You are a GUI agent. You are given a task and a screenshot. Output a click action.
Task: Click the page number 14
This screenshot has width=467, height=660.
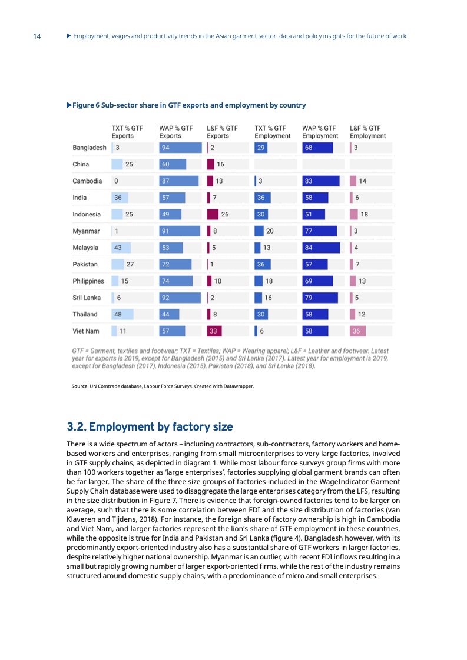click(x=37, y=36)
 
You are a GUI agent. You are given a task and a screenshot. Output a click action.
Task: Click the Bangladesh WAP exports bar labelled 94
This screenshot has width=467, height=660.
click(x=179, y=148)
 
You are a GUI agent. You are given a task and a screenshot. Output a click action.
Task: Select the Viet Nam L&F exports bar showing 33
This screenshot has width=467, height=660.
click(x=214, y=331)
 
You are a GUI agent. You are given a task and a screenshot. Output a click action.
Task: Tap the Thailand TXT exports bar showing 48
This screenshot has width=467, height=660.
click(x=122, y=314)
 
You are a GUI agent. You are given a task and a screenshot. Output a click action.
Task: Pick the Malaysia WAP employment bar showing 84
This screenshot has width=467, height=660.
click(x=321, y=248)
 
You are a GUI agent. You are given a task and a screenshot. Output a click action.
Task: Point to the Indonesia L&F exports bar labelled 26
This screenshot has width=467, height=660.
click(x=213, y=214)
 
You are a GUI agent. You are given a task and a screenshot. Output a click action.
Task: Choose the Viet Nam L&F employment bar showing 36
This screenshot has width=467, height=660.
click(x=358, y=331)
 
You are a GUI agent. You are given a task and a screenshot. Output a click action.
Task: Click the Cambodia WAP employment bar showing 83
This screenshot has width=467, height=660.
click(x=321, y=181)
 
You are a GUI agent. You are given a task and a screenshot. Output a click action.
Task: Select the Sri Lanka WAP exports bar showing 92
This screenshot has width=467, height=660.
click(x=179, y=298)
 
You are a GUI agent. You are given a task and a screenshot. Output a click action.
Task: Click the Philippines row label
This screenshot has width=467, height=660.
click(x=88, y=281)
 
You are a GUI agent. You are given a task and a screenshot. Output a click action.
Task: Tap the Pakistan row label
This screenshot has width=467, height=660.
click(x=85, y=264)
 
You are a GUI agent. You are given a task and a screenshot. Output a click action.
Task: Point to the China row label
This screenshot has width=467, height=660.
click(x=81, y=164)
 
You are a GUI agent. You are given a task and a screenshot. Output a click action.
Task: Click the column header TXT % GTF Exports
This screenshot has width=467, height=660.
click(x=127, y=131)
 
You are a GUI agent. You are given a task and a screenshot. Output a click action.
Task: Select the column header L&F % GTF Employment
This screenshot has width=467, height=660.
click(x=367, y=131)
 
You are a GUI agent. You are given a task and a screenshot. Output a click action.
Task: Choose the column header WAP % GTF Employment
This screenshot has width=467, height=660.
click(x=320, y=131)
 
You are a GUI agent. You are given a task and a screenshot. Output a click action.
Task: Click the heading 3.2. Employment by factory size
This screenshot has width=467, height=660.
click(x=150, y=426)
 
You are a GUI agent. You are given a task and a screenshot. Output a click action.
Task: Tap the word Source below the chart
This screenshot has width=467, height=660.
click(x=80, y=386)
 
